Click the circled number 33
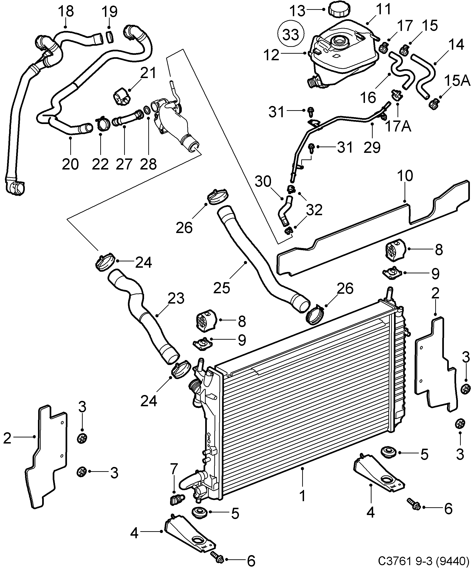point(291,35)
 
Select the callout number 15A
point(457,81)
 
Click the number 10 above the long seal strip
point(405,176)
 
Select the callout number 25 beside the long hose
point(222,288)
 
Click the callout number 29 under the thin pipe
point(372,147)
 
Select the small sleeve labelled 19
point(109,37)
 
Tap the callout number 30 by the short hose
point(263,182)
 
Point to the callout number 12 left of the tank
point(271,55)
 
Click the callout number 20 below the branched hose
point(70,164)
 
